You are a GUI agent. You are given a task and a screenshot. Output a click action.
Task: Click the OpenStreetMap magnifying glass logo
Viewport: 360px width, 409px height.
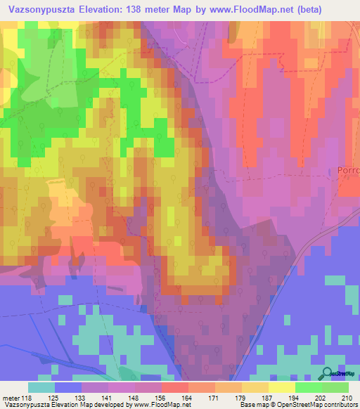pyautogui.click(x=328, y=375)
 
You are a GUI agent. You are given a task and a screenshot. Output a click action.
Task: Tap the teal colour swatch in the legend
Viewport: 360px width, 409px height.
pyautogui.click(x=41, y=387)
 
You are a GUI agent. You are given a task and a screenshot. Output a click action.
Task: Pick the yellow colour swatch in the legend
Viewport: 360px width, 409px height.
pyautogui.click(x=281, y=387)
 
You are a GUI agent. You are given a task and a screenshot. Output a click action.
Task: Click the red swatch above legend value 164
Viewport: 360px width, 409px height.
pyautogui.click(x=175, y=387)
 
